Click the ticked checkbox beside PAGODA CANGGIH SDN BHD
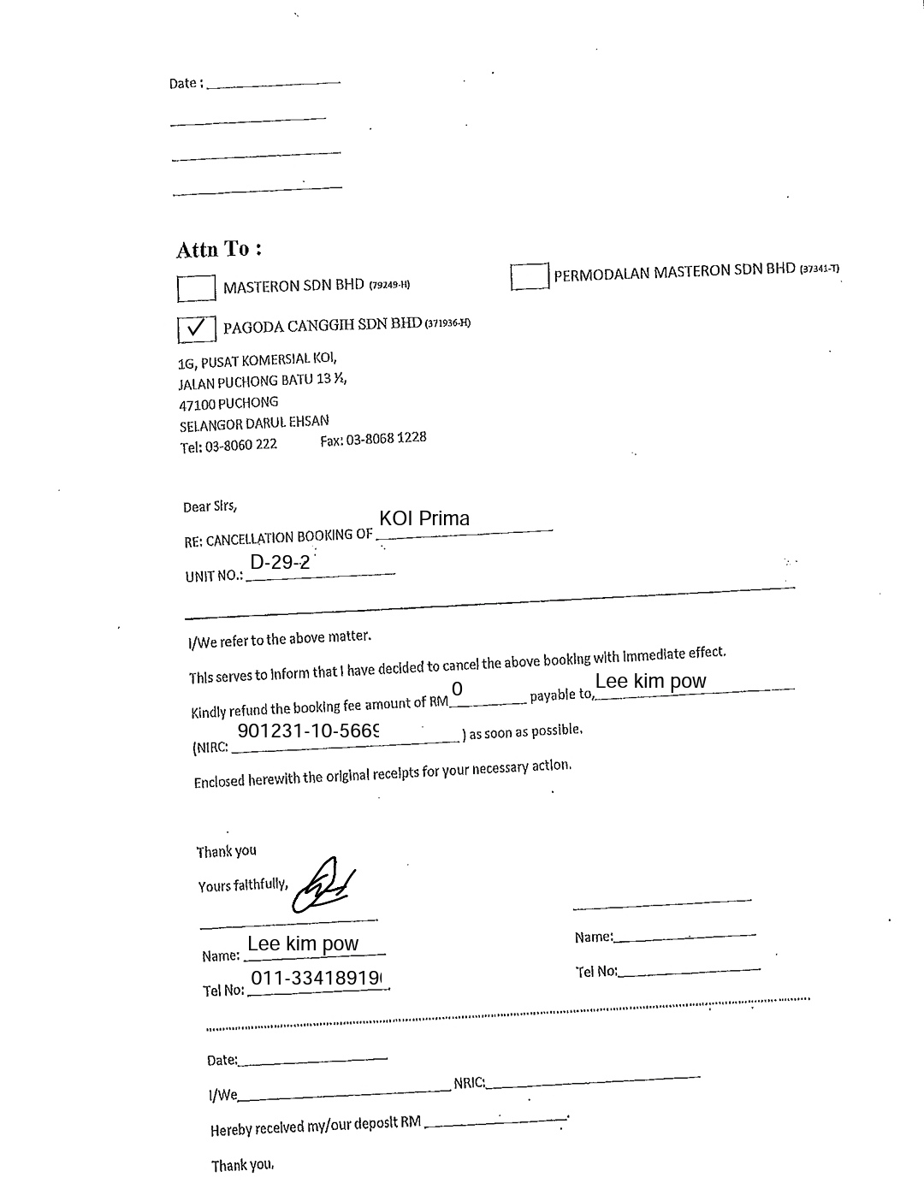coord(196,328)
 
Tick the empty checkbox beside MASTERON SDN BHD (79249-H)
coord(196,288)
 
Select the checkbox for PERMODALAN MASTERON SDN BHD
coord(529,276)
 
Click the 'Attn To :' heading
coord(218,250)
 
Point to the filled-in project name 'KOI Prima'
coord(424,518)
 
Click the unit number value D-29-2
coord(280,563)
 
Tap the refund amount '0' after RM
coord(457,689)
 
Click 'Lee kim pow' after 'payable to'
coord(651,682)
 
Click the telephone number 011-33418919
coord(316,979)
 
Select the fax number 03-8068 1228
coord(373,440)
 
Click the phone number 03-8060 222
coord(228,446)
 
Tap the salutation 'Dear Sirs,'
coord(210,507)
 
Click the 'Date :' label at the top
coord(186,84)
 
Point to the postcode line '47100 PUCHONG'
coord(228,403)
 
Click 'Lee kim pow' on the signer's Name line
coord(303,944)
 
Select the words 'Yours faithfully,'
coord(243,885)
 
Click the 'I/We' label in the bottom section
coord(223,1095)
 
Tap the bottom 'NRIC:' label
coord(470,1084)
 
